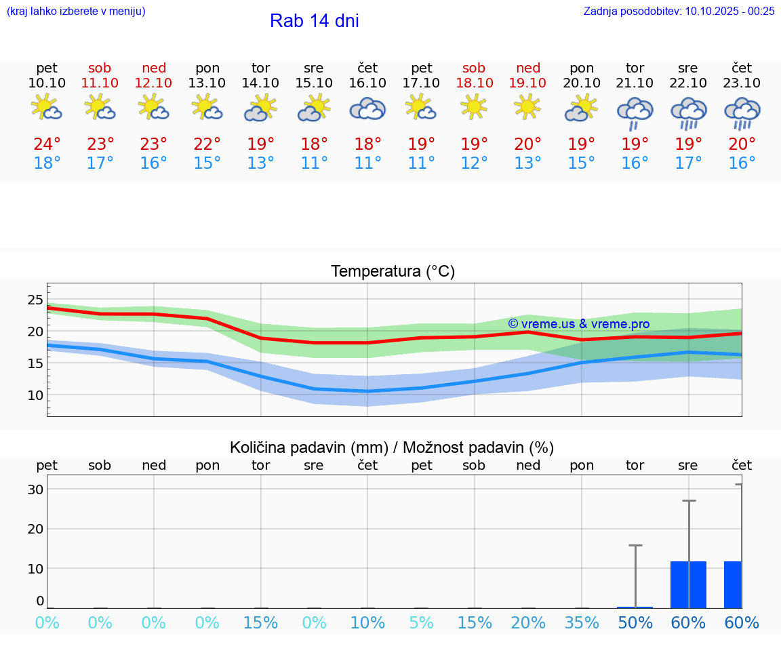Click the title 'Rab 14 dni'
pyautogui.click(x=314, y=21)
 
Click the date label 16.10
pyautogui.click(x=367, y=83)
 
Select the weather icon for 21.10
pyautogui.click(x=635, y=113)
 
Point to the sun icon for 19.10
pyautogui.click(x=527, y=106)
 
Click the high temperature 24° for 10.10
pyautogui.click(x=47, y=144)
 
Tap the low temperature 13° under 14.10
pyautogui.click(x=260, y=163)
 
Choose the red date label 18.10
pyautogui.click(x=474, y=83)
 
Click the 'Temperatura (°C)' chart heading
pyautogui.click(x=393, y=272)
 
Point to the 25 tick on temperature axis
pyautogui.click(x=35, y=300)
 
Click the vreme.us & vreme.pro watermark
pyautogui.click(x=578, y=324)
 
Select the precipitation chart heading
pyautogui.click(x=392, y=447)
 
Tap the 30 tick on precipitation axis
pyautogui.click(x=35, y=489)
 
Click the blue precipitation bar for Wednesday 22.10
pyautogui.click(x=688, y=584)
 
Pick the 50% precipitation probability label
pyautogui.click(x=635, y=623)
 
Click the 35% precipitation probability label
pyautogui.click(x=582, y=623)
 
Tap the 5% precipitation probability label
pyautogui.click(x=421, y=623)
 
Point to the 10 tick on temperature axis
pyautogui.click(x=35, y=395)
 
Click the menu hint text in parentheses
pyautogui.click(x=75, y=11)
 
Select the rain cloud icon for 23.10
pyautogui.click(x=742, y=113)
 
